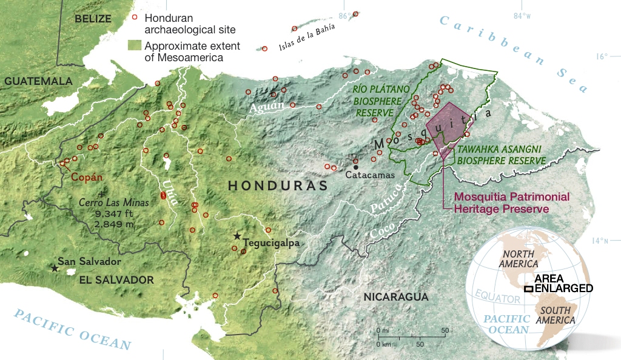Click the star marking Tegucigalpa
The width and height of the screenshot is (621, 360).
pos(237,236)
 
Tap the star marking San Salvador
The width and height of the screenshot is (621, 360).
pos(55,267)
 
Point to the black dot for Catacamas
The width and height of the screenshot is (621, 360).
pos(356,167)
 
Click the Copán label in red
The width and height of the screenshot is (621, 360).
pos(87,178)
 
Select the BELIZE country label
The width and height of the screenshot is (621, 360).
pos(93,19)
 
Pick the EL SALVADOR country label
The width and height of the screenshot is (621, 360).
pos(116,280)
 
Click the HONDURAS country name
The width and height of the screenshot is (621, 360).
pos(278,186)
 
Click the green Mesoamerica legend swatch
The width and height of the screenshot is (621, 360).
pos(135,46)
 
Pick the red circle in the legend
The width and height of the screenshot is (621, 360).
pos(135,18)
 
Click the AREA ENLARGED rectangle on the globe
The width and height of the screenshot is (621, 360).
pos(529,288)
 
